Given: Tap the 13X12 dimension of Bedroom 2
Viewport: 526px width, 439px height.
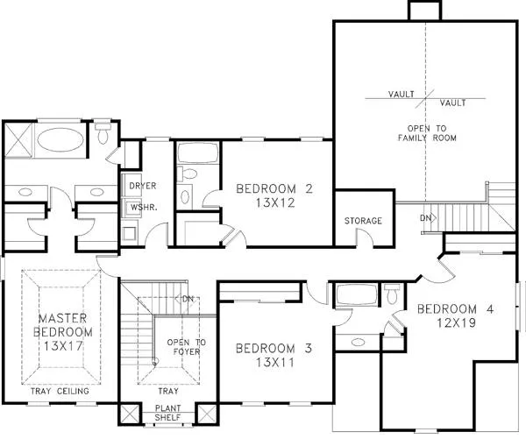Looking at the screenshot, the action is (x=275, y=203).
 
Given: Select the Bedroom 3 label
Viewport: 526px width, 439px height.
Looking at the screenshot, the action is (x=274, y=348).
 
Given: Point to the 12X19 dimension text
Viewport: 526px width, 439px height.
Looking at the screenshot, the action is (x=456, y=322).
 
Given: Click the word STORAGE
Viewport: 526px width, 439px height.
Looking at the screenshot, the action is (x=363, y=221).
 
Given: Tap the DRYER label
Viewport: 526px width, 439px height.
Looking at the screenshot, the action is (x=143, y=186).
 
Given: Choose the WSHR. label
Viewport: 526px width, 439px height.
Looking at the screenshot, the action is (x=144, y=208).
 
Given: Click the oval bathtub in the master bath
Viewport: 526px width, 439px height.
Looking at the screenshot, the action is (x=60, y=140).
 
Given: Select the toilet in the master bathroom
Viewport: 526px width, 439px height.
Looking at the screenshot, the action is (x=103, y=133).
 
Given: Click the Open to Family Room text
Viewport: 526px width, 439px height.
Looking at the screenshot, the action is (x=427, y=133).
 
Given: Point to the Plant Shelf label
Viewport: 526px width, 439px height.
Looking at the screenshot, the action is (x=167, y=413).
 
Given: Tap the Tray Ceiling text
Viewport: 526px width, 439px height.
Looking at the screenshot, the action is (x=60, y=391).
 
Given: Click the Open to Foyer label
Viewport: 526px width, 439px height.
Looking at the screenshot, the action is (x=187, y=347).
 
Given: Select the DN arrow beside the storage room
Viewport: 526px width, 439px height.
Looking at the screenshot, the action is (x=429, y=218).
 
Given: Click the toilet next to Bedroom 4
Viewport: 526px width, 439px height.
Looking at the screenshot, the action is (x=392, y=294).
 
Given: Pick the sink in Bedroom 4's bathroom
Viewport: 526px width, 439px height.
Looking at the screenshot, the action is (x=359, y=342).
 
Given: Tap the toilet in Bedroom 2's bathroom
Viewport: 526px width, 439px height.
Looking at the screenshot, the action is (x=188, y=173).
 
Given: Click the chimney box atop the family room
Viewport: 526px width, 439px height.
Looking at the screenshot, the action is (x=424, y=10).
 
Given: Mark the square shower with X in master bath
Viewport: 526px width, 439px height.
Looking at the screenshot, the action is (x=18, y=140).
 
